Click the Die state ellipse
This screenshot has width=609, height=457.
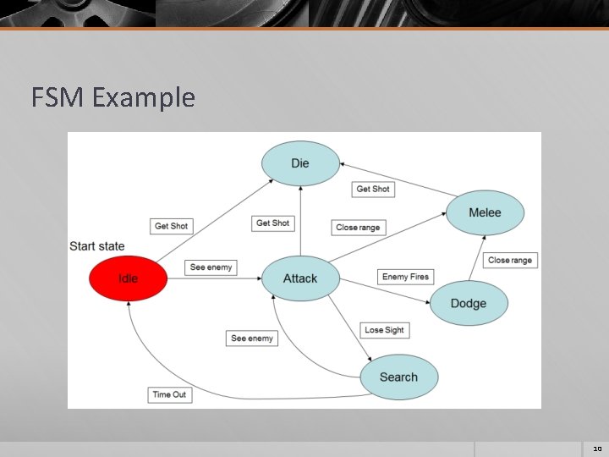(x=300, y=162)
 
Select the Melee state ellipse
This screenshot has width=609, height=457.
(x=485, y=212)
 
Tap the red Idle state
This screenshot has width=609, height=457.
(x=129, y=278)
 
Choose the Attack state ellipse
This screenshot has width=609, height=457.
(x=300, y=278)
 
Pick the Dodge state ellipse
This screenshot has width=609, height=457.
(x=469, y=303)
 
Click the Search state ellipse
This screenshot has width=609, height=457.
(x=398, y=377)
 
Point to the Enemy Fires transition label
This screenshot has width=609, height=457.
(x=406, y=277)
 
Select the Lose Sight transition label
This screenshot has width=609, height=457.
(x=384, y=330)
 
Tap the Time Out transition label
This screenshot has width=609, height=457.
(x=169, y=394)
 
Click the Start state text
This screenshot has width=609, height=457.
(x=97, y=246)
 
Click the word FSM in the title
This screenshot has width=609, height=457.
(x=58, y=98)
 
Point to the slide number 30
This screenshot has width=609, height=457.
(x=596, y=449)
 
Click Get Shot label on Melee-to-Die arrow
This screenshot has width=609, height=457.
(x=373, y=189)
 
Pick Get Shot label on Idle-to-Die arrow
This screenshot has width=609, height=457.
(x=172, y=226)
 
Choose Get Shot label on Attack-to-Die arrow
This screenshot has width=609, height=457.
(x=272, y=223)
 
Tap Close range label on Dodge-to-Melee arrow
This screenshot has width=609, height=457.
(x=510, y=260)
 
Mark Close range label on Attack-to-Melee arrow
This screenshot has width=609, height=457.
(x=358, y=228)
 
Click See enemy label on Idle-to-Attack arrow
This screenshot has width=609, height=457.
(x=211, y=267)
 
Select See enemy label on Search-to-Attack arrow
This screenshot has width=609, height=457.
(x=252, y=339)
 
